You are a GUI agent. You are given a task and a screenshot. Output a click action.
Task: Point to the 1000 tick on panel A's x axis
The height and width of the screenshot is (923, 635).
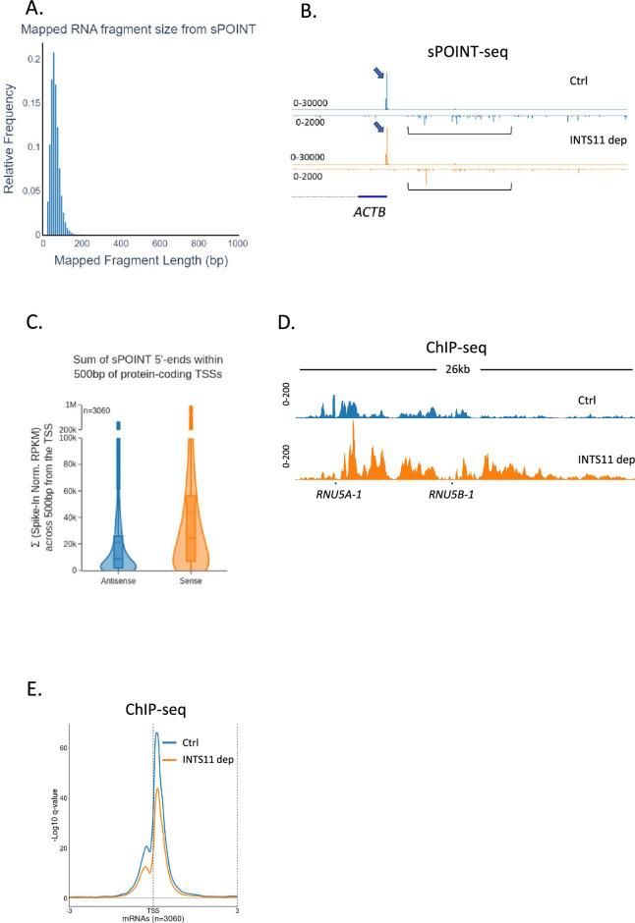click(x=236, y=244)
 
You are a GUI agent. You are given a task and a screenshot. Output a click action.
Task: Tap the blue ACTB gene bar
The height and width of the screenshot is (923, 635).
click(x=373, y=196)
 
